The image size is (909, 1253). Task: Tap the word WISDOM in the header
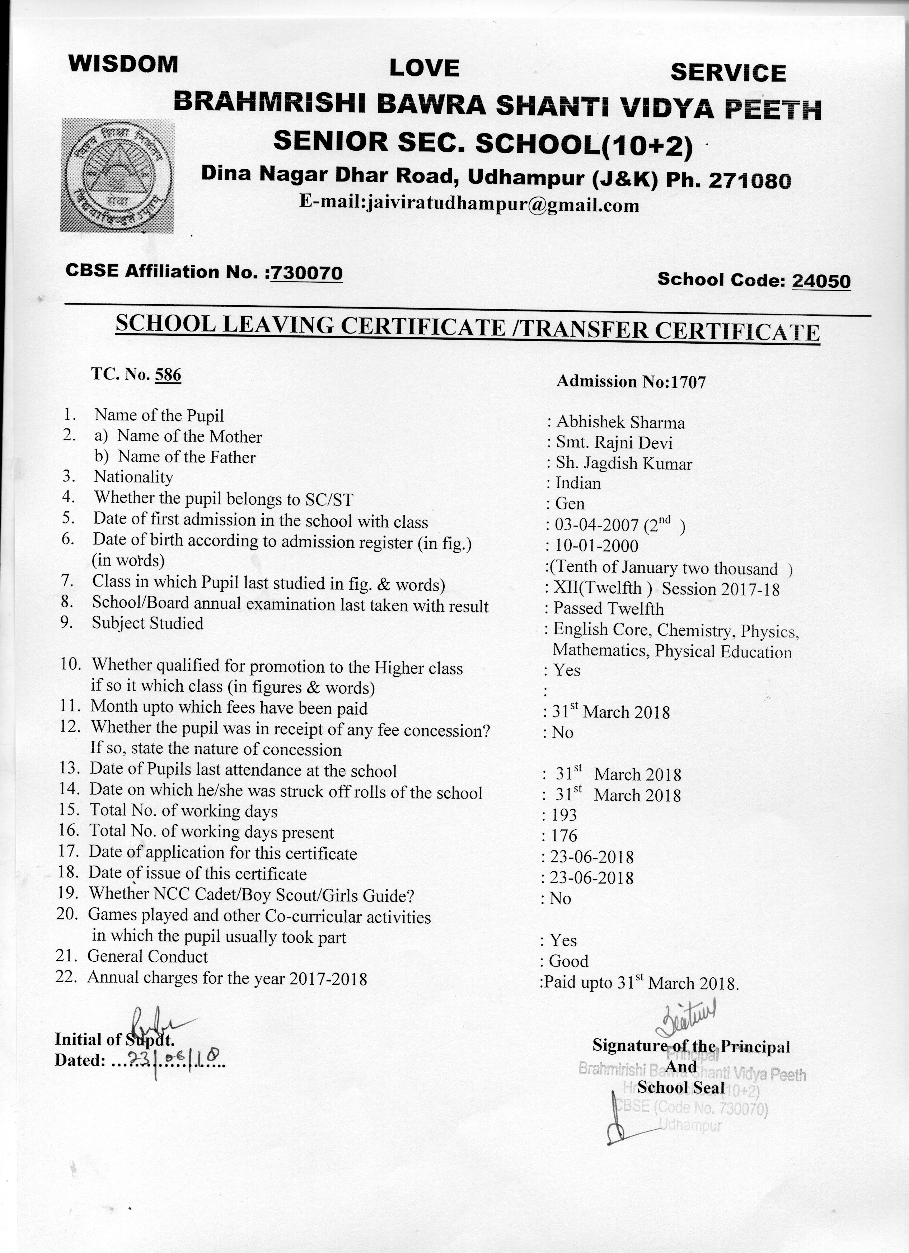tap(123, 64)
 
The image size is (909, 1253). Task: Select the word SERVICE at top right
tap(728, 73)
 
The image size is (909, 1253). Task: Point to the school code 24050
tap(821, 281)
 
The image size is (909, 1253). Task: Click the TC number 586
tap(168, 375)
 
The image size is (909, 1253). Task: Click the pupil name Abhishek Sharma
tap(620, 423)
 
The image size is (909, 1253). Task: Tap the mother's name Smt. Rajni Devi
tap(614, 443)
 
